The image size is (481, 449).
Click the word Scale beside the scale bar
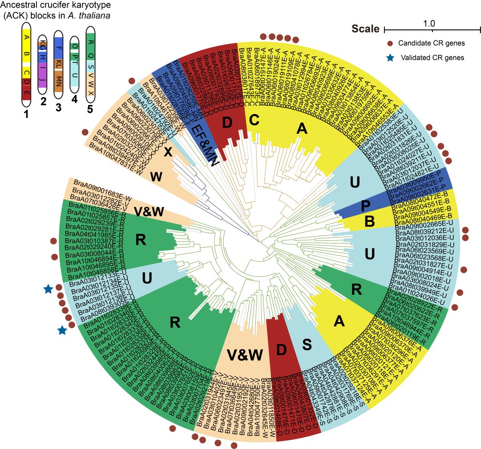(x=366, y=29)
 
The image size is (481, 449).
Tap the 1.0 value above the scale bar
(x=429, y=24)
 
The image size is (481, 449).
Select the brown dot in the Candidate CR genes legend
(x=390, y=43)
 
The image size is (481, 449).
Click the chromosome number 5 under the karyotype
(x=90, y=109)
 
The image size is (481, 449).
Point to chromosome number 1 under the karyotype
(x=26, y=115)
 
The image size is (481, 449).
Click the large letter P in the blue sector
(x=365, y=206)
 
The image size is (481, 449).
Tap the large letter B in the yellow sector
(x=370, y=221)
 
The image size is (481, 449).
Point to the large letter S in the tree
(x=307, y=345)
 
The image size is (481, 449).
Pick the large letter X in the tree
(x=168, y=152)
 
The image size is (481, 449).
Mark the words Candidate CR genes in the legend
(x=431, y=43)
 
